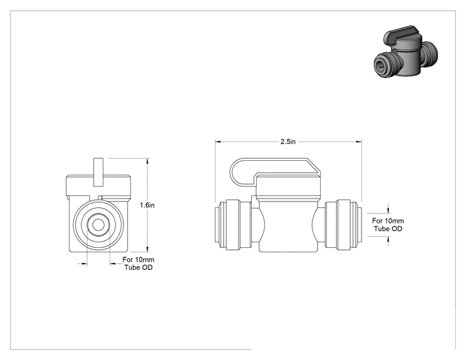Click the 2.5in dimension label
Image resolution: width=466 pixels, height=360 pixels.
coord(288,141)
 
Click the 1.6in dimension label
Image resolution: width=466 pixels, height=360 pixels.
coord(147,205)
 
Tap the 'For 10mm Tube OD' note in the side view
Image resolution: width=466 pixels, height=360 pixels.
coord(388,225)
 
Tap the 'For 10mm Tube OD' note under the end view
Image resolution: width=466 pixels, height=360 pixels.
coord(138,264)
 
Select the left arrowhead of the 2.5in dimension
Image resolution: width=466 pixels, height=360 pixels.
coord(218,141)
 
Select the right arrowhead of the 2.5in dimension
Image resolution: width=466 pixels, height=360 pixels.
coord(359,141)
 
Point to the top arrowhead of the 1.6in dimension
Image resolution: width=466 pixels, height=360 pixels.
coord(148,161)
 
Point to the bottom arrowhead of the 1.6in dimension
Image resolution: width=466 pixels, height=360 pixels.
coord(148,249)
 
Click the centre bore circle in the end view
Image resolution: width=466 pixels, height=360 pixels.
coord(96,225)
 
